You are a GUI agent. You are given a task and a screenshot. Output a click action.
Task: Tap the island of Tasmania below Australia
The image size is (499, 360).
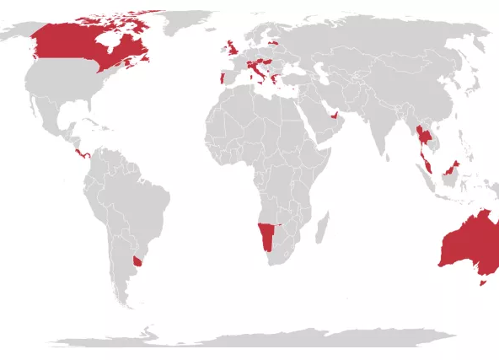click(483, 282)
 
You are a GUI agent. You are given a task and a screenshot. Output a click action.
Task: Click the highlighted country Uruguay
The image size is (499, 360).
click(137, 261)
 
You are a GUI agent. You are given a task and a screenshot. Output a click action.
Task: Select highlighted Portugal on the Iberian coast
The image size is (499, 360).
click(221, 79)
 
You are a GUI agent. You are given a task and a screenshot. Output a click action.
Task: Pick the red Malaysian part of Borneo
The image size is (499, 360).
click(453, 169)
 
